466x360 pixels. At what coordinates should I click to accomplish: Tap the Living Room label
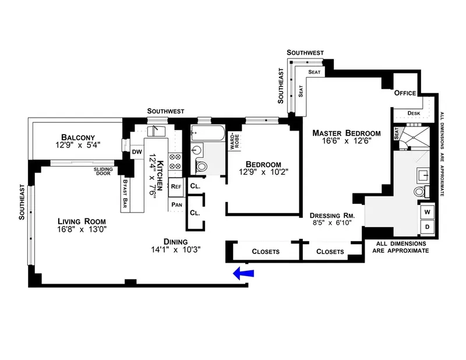[82, 221]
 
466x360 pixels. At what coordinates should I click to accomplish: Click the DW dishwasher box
[137, 152]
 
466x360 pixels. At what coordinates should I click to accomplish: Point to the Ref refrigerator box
[176, 187]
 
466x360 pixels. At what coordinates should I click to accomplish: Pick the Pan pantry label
[176, 204]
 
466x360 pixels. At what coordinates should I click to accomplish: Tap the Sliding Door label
[104, 171]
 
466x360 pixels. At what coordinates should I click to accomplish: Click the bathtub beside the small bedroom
[207, 133]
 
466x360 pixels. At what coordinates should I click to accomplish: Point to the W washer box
[427, 211]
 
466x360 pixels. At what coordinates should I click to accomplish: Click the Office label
[405, 93]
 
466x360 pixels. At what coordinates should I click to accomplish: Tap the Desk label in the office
[414, 113]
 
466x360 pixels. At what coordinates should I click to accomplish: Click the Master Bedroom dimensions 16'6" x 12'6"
[345, 140]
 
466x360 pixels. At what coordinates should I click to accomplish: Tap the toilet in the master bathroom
[419, 191]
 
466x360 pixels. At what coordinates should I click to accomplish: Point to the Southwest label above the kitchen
[166, 110]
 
